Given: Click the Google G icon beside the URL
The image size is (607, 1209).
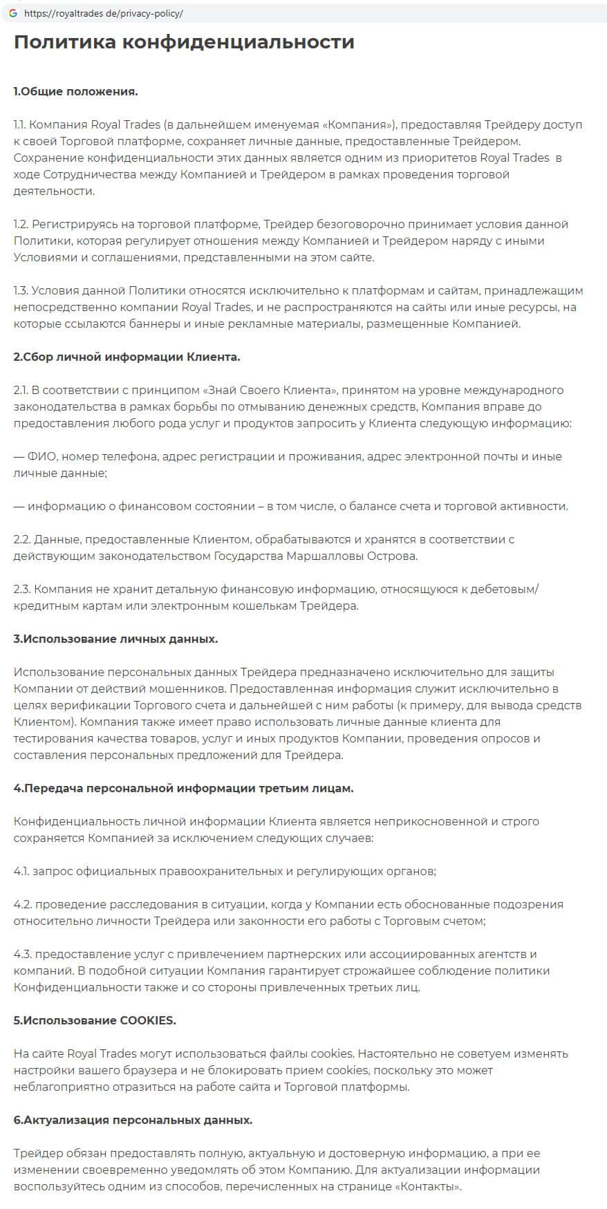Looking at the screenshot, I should (x=12, y=13).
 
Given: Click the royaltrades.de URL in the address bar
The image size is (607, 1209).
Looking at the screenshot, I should (x=104, y=13).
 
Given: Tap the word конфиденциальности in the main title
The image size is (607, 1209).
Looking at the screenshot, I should (x=238, y=42).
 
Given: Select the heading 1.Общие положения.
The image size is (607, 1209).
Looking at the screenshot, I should (x=75, y=91).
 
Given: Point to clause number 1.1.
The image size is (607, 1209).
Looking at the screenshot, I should (x=20, y=124).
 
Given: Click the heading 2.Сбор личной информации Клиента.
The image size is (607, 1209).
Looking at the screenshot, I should (x=127, y=357).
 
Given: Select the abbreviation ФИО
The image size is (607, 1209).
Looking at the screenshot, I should (x=41, y=456).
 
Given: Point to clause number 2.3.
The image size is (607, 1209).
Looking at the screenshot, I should (x=22, y=589).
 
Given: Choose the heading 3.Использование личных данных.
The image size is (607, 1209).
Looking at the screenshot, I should (x=115, y=639).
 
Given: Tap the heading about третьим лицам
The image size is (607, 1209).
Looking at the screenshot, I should (x=183, y=788).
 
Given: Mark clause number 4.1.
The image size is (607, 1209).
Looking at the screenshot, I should (x=21, y=871).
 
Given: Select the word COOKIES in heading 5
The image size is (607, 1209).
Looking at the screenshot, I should (x=147, y=1020).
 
